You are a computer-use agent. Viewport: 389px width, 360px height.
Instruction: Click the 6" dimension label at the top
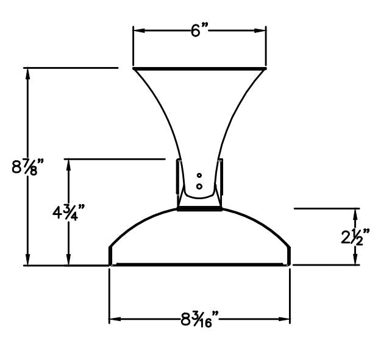199,30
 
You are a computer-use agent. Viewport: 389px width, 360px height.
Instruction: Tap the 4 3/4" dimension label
68,213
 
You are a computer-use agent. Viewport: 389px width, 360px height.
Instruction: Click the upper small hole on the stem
199,175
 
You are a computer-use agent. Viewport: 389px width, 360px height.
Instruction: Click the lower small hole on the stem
199,185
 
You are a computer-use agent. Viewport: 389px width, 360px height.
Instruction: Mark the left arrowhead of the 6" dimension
137,30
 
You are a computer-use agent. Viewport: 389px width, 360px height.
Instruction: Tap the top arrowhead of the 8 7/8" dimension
27,71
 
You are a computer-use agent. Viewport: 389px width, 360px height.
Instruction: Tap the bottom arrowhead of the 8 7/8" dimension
27,261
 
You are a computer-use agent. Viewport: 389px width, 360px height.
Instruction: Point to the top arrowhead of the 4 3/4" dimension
68,163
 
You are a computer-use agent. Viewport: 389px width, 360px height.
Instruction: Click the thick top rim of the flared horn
199,68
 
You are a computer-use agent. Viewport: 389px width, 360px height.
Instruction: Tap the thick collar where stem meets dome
199,208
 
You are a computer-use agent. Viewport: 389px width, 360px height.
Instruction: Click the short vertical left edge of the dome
110,256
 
